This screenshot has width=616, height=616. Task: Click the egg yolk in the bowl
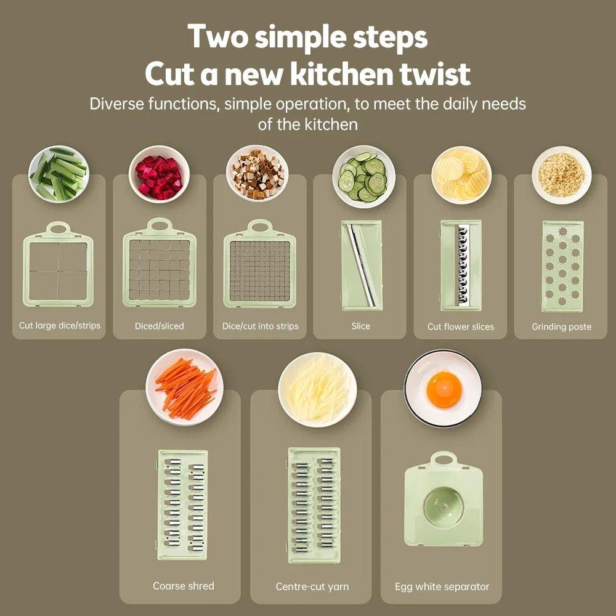point(444,390)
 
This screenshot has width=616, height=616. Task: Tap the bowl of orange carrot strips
point(184,387)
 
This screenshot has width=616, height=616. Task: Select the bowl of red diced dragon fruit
point(159,174)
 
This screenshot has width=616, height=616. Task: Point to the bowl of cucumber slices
point(364,176)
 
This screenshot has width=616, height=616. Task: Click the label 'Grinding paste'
point(561,326)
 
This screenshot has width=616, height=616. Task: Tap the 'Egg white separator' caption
point(442,587)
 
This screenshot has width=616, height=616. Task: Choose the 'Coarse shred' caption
point(184,586)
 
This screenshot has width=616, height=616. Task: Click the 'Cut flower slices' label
point(460,326)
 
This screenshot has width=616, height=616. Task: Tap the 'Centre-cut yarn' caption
point(312,586)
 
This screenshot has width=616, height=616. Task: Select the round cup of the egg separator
point(444,505)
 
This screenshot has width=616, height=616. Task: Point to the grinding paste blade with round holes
point(562,266)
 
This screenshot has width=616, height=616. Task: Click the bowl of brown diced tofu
point(257,174)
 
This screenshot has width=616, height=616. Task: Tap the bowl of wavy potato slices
point(461,175)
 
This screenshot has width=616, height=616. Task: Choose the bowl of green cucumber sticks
point(59,174)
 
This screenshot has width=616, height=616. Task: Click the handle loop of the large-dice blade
point(58,229)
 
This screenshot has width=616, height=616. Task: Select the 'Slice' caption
point(360,326)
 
